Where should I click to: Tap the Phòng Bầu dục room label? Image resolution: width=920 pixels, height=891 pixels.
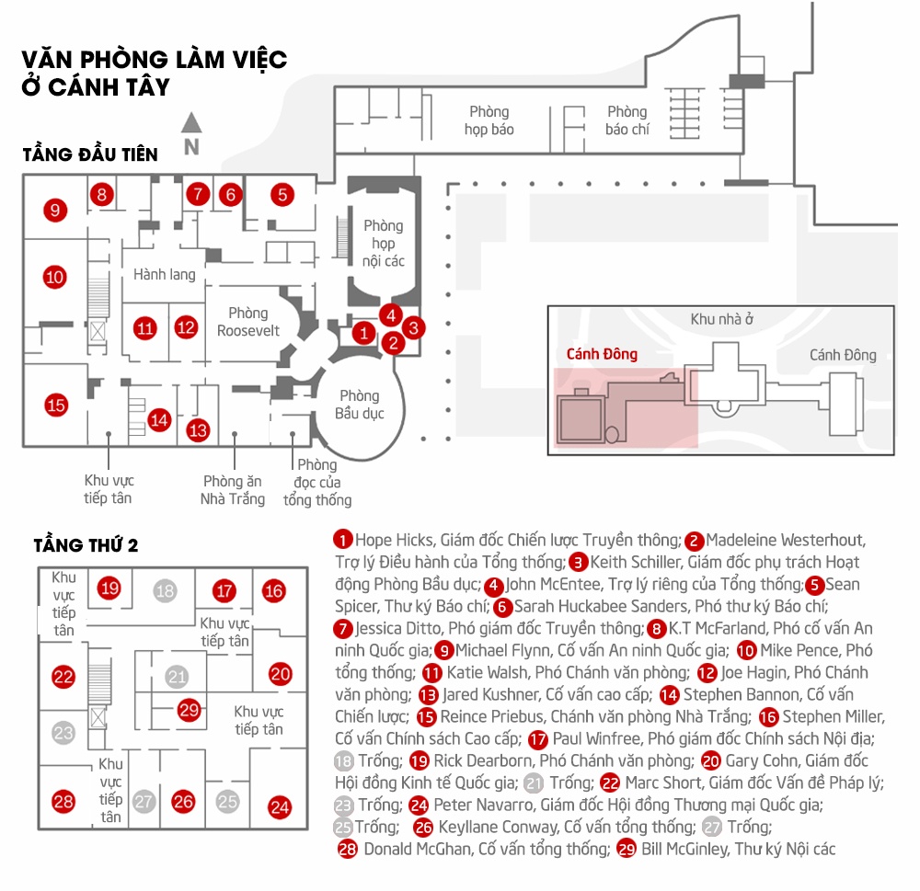click(359, 405)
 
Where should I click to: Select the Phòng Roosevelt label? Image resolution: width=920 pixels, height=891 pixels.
click(248, 322)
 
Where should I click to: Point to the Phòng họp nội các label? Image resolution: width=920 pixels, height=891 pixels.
click(384, 244)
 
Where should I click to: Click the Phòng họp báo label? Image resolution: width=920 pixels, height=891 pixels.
click(489, 120)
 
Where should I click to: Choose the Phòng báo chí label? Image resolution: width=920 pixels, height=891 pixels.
click(627, 120)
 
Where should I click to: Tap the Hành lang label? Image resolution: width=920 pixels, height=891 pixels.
click(164, 274)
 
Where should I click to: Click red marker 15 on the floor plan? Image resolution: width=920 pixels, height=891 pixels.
click(56, 405)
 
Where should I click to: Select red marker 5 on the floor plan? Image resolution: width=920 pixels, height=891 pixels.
click(282, 194)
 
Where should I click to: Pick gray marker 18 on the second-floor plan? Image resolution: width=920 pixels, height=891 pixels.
click(165, 591)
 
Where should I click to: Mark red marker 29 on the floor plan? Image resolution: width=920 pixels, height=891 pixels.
click(190, 710)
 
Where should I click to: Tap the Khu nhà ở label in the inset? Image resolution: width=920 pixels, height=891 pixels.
click(722, 319)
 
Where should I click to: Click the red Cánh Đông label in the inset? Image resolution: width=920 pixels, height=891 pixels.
click(602, 354)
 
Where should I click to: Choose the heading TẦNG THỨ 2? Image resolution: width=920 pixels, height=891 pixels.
click(86, 544)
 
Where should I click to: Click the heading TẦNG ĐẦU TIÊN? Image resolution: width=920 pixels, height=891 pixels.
click(90, 154)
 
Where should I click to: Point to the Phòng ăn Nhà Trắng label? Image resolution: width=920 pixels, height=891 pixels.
click(233, 489)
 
